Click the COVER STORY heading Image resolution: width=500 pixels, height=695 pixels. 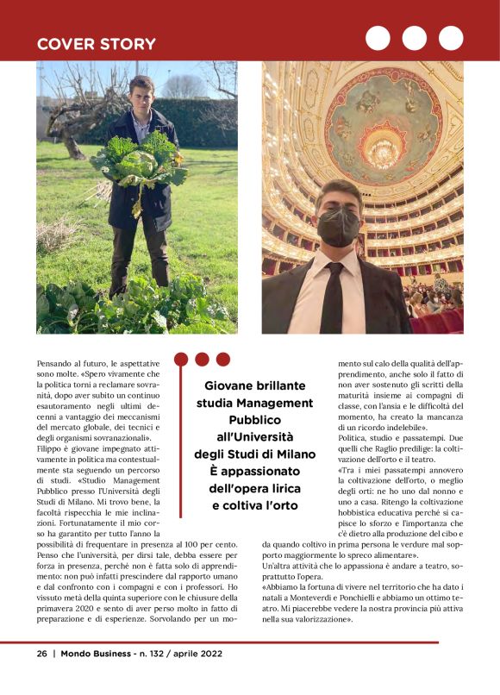[96, 44]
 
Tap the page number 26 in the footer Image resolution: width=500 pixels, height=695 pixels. [41, 654]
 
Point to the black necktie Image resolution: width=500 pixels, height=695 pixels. [332, 297]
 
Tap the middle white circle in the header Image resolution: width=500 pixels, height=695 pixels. [414, 38]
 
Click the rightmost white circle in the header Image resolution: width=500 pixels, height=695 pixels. [451, 38]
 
